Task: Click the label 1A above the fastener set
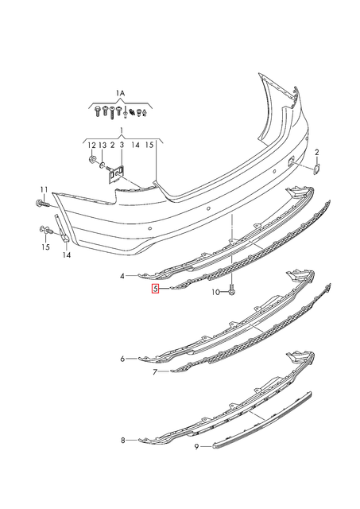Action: tap(120, 94)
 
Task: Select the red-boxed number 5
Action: tap(156, 289)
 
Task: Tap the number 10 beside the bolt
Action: tap(215, 293)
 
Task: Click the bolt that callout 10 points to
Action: tap(231, 289)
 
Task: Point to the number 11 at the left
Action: tap(44, 190)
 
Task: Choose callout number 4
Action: tap(122, 276)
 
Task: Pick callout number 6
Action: tap(122, 359)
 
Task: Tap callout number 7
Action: tap(155, 372)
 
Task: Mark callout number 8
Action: tap(122, 440)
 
